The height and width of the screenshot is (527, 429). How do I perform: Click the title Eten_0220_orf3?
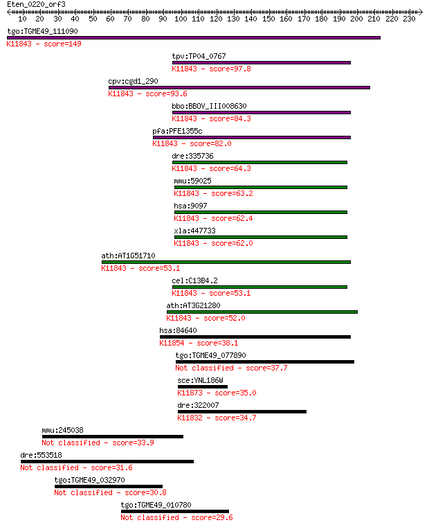36,4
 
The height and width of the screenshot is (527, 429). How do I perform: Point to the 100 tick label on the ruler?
181,19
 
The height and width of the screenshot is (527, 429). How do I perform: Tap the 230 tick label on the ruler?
409,19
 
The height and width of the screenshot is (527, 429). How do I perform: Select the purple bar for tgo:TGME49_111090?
194,38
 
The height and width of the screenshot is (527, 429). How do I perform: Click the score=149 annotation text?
62,44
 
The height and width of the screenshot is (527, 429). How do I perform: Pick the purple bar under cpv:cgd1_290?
239,88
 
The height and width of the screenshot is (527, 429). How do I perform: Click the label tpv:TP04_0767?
199,56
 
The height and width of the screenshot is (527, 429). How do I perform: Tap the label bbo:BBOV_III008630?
209,106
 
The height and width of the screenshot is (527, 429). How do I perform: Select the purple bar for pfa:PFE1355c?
252,138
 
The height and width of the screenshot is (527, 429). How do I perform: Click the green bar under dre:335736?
259,162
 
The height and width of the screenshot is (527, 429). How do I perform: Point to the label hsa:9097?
190,206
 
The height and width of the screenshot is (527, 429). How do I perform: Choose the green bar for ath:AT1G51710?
226,262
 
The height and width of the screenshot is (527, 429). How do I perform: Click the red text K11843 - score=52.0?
206,319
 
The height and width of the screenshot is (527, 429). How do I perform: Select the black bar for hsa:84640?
255,337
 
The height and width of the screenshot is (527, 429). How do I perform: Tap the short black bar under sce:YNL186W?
203,387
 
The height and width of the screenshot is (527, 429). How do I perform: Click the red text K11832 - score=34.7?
217,418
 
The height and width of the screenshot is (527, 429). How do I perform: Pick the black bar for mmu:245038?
113,436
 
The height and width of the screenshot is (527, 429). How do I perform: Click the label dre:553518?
41,456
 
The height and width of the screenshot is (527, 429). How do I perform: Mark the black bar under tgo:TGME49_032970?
109,486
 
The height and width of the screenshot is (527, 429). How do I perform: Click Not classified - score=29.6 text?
176,517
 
